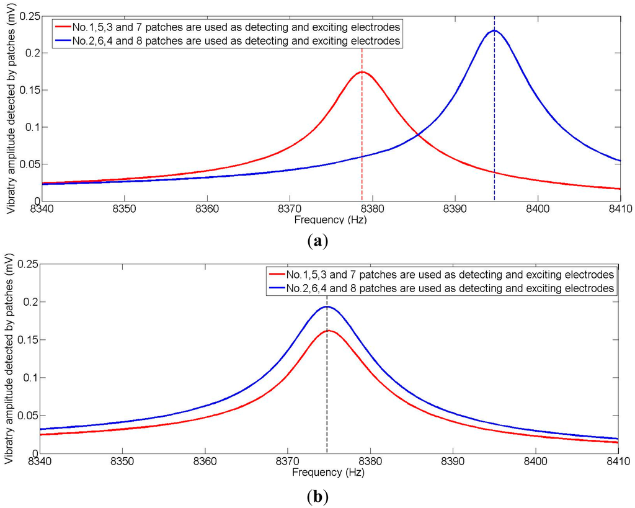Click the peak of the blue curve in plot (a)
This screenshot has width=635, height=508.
click(x=494, y=30)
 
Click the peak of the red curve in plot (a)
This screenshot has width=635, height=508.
click(x=362, y=72)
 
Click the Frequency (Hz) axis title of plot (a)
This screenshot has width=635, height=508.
click(x=329, y=220)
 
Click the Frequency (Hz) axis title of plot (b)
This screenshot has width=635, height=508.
click(x=329, y=472)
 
